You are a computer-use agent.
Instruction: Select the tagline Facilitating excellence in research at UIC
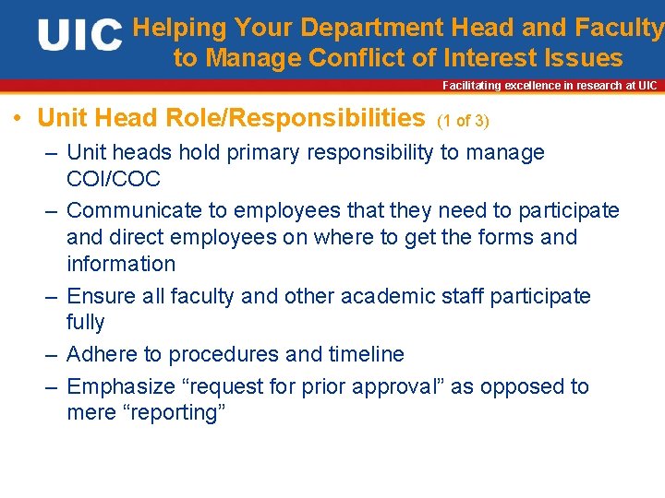coord(550,85)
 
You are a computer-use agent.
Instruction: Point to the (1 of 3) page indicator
coord(463,121)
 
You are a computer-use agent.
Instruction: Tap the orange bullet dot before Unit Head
coord(18,120)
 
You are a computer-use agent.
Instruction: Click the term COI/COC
coord(114,179)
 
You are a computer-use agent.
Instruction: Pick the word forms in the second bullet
coord(503,237)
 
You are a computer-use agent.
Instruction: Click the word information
coord(121,264)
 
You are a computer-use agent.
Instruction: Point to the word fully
coord(86,323)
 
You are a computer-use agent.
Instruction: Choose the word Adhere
coord(99,354)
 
